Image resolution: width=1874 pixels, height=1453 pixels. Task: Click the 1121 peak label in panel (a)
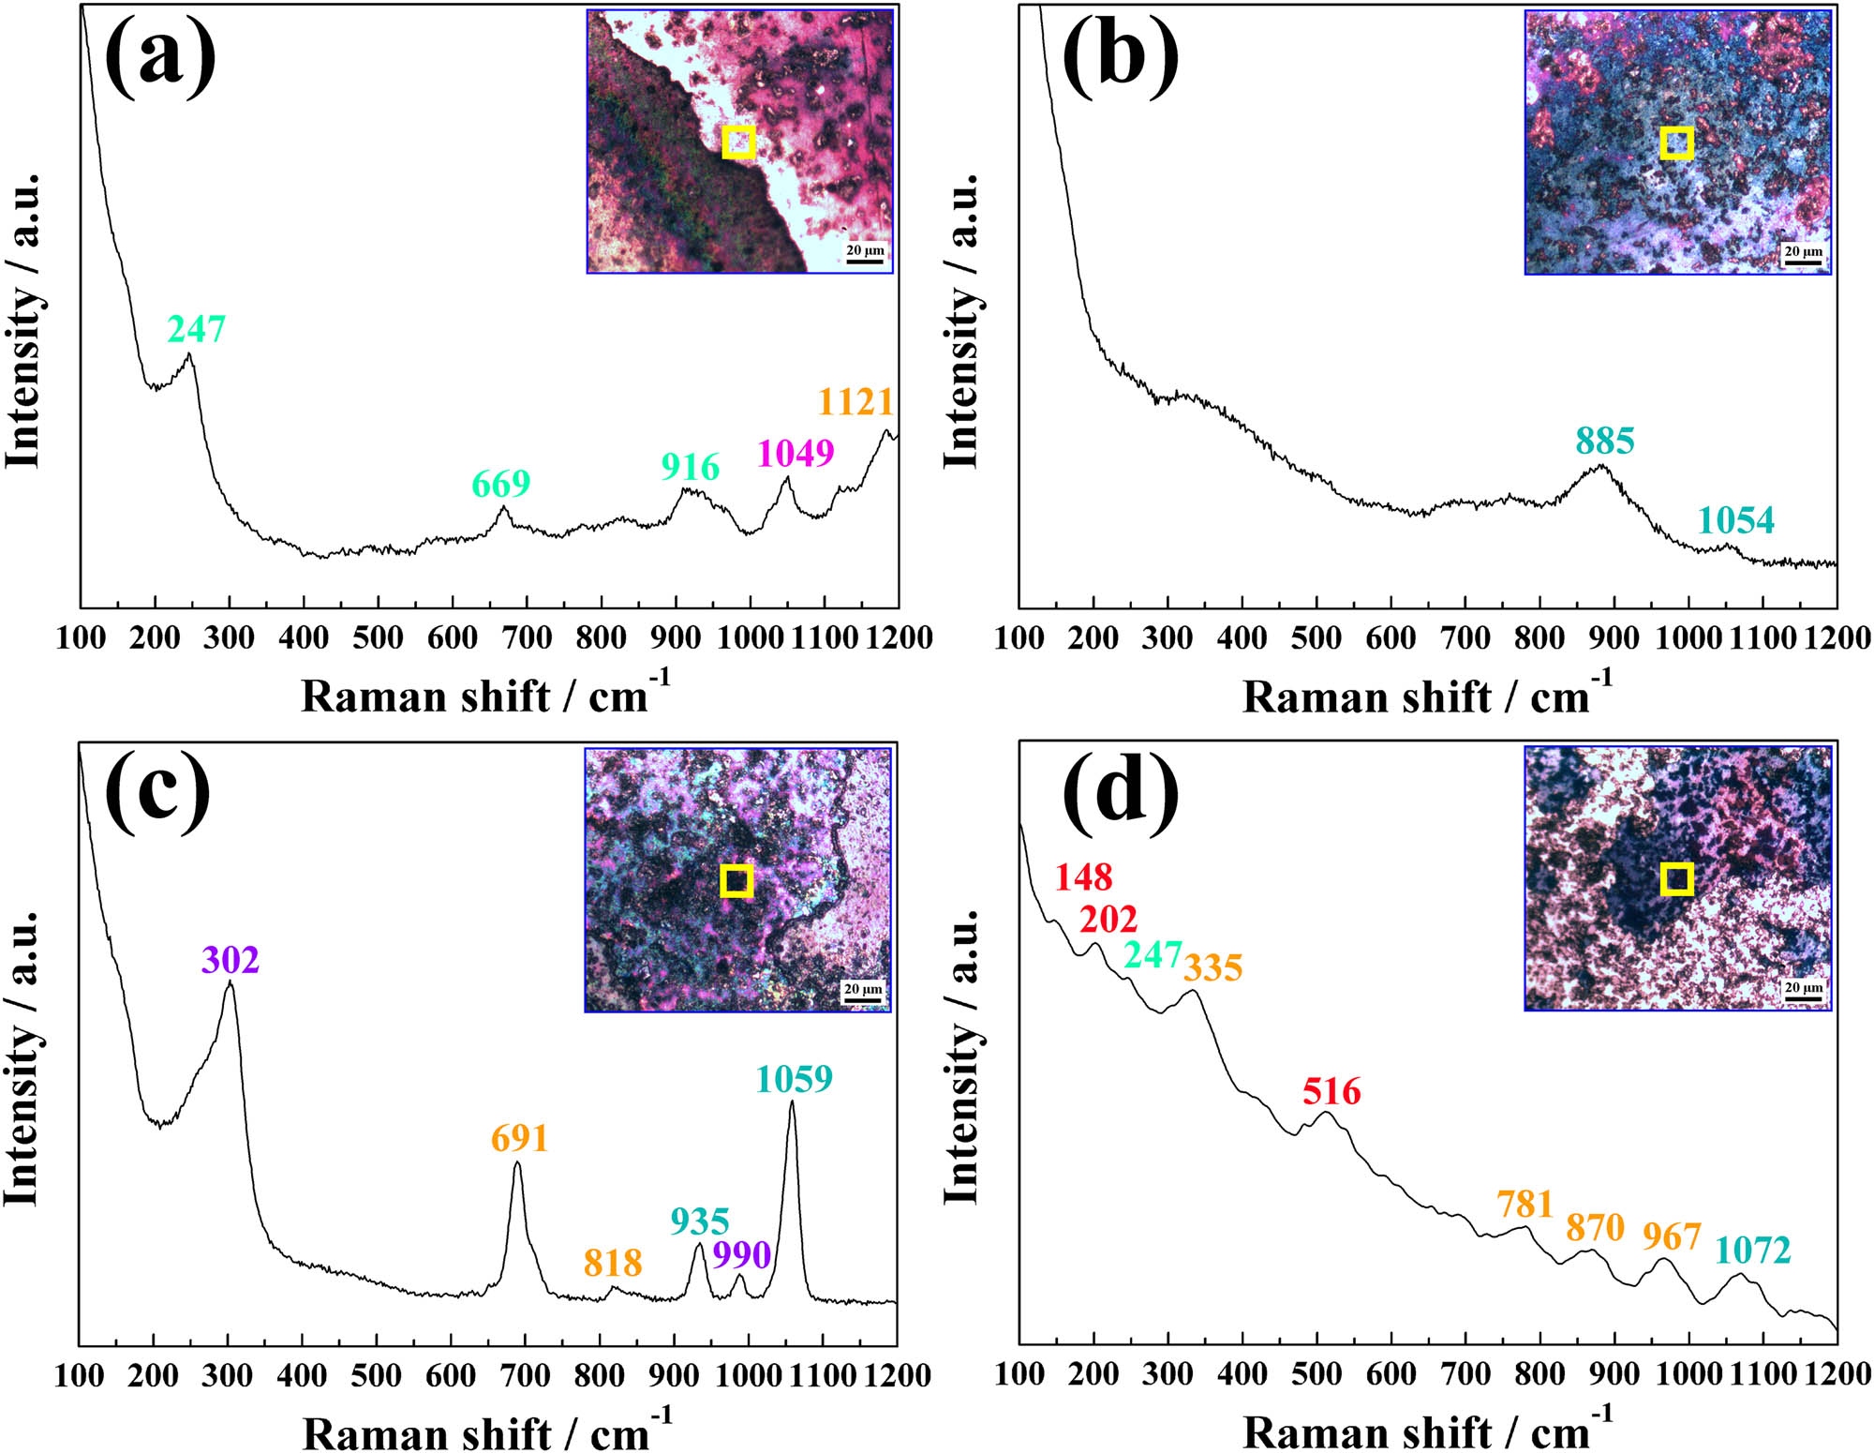[x=855, y=401]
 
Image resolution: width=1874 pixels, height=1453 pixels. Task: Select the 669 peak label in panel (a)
[x=500, y=484]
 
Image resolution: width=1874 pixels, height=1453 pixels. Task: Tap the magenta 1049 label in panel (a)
[x=796, y=453]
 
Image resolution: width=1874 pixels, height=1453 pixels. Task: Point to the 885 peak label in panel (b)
[x=1604, y=441]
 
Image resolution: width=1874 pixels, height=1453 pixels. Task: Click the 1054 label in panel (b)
[x=1735, y=520]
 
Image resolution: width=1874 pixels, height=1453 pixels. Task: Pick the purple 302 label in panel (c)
[x=230, y=960]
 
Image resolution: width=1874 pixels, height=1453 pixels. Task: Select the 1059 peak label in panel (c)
[x=794, y=1079]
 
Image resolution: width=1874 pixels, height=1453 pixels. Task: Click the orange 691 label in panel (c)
[x=519, y=1138]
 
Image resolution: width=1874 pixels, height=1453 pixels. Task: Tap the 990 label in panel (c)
[x=741, y=1254]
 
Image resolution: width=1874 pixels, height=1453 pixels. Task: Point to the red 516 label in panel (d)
[x=1331, y=1091]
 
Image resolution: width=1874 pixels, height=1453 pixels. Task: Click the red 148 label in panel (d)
[x=1083, y=877]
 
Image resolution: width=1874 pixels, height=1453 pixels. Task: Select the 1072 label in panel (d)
[x=1752, y=1250]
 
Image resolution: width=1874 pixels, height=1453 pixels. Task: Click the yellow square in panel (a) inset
[x=738, y=142]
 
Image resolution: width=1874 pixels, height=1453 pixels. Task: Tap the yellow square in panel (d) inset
[x=1676, y=879]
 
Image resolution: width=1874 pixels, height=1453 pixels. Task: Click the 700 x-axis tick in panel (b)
[x=1465, y=638]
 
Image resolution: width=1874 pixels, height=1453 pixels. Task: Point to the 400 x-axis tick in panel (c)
[x=302, y=1376]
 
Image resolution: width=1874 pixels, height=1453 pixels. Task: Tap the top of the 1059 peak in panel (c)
[x=793, y=1101]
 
